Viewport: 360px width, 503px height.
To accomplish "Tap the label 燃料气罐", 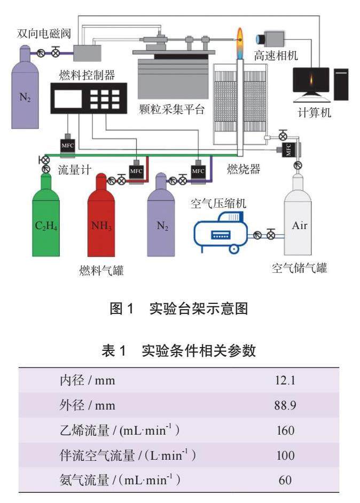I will click(x=101, y=271).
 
